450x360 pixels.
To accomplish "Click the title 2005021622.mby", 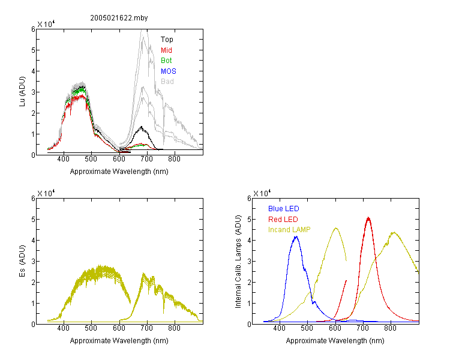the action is pos(119,18).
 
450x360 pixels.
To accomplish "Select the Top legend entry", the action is pos(167,40).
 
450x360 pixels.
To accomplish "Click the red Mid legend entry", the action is pos(166,50).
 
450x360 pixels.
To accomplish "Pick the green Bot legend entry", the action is pos(166,61).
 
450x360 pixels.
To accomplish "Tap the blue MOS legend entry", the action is pos(169,71).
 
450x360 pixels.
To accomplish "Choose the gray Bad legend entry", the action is pos(167,82).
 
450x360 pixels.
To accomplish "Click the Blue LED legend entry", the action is pos(284,209).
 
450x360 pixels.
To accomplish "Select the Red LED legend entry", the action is pos(283,220).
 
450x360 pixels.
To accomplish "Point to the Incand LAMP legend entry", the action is pos(289,230).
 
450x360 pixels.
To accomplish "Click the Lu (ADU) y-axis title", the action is pos(22,92).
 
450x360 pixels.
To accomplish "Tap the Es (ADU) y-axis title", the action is pos(22,261).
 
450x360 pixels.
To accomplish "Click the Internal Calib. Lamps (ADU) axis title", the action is pos(238,262).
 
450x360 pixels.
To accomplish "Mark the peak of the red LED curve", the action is pos(368,218).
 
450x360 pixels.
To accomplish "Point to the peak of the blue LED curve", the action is pos(296,236).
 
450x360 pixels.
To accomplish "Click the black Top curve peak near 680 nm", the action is pos(142,127).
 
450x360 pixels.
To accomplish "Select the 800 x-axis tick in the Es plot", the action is pos(174,328).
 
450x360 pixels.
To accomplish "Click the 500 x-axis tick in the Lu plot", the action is pos(91,159).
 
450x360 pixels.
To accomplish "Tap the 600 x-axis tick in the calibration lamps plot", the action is pos(335,328).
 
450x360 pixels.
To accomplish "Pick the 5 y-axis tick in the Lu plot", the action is pos(33,50).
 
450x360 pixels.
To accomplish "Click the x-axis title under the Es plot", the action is pos(119,341).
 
